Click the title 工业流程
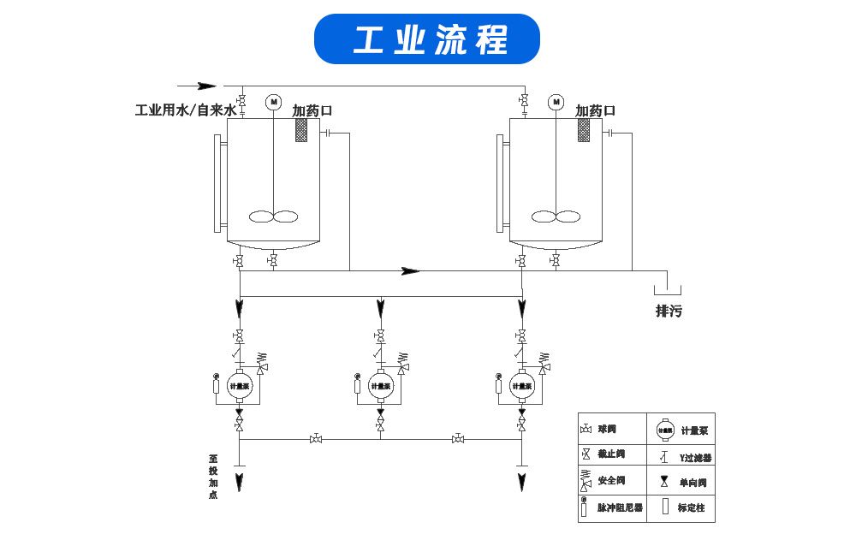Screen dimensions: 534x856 click(427, 39)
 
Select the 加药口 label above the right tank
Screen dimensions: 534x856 click(595, 110)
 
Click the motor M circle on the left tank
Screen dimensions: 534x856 click(274, 102)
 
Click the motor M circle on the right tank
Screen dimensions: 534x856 click(556, 102)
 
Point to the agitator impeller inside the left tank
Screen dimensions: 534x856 click(274, 217)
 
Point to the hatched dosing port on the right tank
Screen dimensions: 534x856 click(584, 130)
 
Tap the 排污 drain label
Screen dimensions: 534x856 click(669, 311)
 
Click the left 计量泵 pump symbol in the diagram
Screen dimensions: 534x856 click(239, 385)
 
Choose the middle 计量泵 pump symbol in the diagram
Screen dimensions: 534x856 click(380, 385)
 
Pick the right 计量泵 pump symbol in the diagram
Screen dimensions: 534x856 click(521, 385)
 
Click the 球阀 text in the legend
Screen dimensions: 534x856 click(607, 428)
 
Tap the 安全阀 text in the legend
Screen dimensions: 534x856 click(611, 481)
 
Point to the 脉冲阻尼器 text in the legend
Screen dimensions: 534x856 click(617, 507)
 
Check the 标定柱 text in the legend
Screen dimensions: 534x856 click(691, 507)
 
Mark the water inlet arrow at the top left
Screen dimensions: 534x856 click(206, 86)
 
